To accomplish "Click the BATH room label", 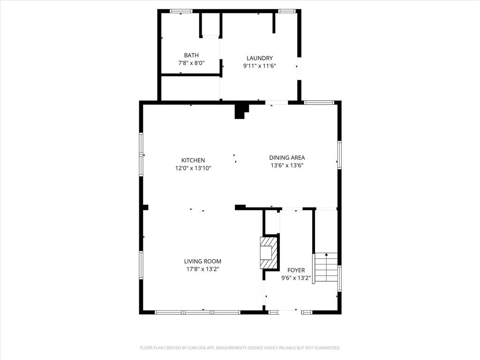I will tap(191, 55).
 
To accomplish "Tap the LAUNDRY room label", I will tap(259, 58).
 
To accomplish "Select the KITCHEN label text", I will tap(193, 160).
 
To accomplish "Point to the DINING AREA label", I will tap(287, 157).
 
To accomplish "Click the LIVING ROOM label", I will tap(202, 262).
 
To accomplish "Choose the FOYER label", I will tap(296, 270).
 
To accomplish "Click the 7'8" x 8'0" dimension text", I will tap(191, 62).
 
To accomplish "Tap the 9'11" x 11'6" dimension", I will tap(259, 66).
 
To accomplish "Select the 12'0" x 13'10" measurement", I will tap(193, 168).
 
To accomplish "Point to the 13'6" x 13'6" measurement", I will tap(287, 165).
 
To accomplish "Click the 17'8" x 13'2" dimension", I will tap(202, 269).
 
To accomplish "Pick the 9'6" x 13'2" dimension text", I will tap(296, 277).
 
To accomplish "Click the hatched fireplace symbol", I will tap(269, 253).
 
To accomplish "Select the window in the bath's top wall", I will tap(181, 11).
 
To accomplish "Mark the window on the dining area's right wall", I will tap(339, 155).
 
